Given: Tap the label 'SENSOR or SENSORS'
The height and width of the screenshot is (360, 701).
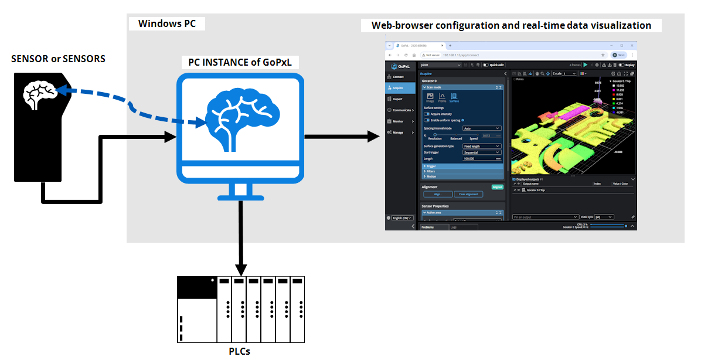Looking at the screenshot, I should point(58,59).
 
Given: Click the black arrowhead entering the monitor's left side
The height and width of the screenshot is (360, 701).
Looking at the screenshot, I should point(171,137).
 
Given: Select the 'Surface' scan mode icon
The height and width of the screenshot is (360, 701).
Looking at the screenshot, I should point(454,97).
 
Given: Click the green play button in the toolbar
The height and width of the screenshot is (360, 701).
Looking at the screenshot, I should point(585,64).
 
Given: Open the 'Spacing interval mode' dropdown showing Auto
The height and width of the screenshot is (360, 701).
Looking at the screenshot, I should point(482,128).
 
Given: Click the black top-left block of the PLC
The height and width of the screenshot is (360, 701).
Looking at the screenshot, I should point(196,287).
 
